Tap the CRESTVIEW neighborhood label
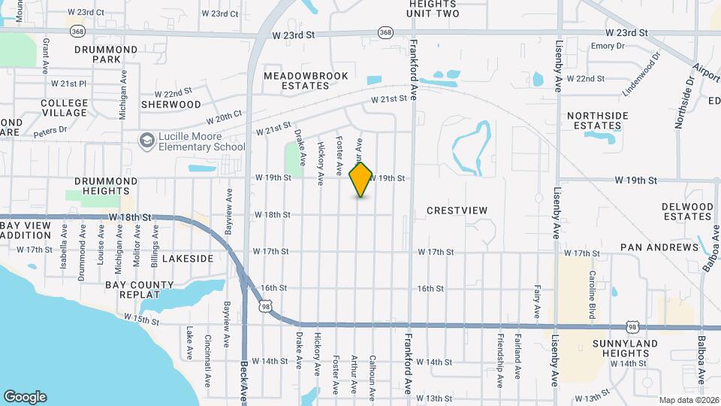(457, 211)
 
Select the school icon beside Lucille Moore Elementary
(146, 140)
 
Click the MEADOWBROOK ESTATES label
(296, 80)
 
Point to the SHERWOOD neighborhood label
(171, 105)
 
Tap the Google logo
(25, 396)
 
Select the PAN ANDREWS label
(659, 247)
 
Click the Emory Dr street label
(608, 46)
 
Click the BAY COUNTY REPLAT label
(139, 289)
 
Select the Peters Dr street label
(50, 129)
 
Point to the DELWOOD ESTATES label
(687, 211)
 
